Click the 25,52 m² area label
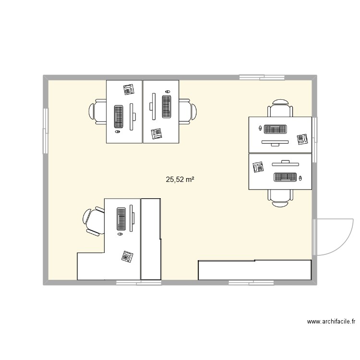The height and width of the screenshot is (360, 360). tap(180, 180)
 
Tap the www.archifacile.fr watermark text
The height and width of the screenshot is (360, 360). tap(331, 322)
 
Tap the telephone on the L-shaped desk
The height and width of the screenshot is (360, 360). tap(127, 256)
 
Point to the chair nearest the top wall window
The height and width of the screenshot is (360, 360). tap(280, 109)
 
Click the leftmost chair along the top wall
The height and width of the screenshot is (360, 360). tap(97, 112)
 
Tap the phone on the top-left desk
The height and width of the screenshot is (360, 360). tap(128, 89)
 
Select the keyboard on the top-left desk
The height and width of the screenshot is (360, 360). tap(118, 117)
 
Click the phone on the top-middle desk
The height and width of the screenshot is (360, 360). tap(156, 133)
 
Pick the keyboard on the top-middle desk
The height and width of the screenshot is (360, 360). tap(167, 106)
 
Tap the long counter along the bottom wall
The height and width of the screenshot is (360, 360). tap(254, 270)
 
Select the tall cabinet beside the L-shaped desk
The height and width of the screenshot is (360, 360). tap(150, 239)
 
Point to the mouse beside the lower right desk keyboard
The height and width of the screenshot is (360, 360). tap(300, 178)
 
